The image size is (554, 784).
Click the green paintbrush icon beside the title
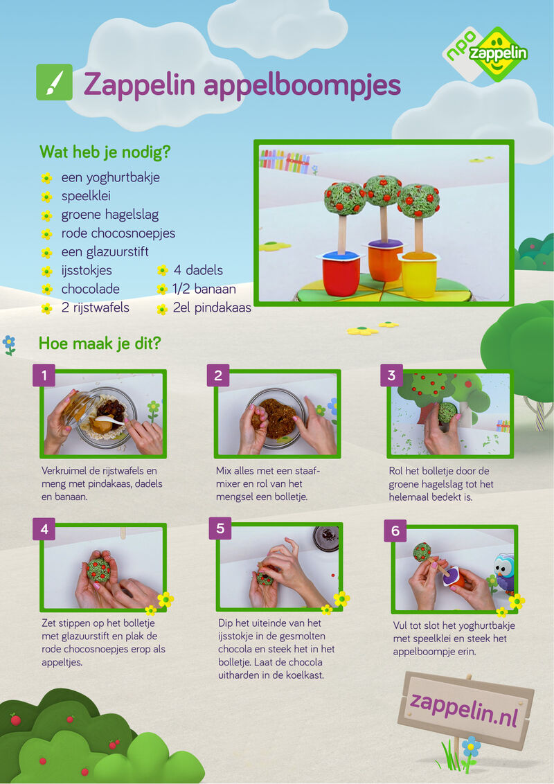(55, 82)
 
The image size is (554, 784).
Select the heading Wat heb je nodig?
(105, 152)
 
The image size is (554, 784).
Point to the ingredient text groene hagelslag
(110, 215)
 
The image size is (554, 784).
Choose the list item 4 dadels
(198, 270)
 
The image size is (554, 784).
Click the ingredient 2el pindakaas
(212, 308)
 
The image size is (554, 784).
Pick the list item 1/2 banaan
(204, 289)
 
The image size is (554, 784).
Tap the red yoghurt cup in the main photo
(341, 274)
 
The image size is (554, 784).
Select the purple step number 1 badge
(44, 375)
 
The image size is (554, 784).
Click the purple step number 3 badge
(391, 375)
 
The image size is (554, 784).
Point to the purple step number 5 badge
(220, 528)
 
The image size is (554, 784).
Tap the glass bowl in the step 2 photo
(276, 417)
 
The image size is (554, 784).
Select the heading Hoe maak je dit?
(100, 344)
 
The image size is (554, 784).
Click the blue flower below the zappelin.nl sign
(470, 747)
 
